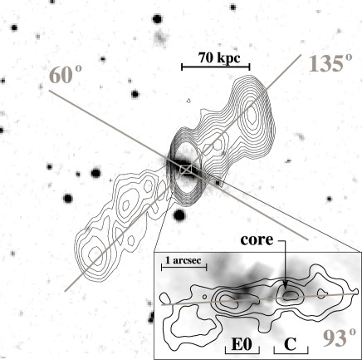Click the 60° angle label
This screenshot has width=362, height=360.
(x=66, y=75)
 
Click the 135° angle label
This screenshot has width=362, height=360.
(x=330, y=63)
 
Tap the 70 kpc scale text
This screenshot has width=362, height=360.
(x=219, y=58)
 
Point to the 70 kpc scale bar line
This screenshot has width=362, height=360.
(x=216, y=67)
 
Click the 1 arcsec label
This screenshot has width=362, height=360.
(x=183, y=260)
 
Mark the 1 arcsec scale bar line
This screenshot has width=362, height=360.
(x=184, y=268)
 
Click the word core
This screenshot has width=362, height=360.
(x=257, y=239)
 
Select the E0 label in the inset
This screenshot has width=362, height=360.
(x=242, y=344)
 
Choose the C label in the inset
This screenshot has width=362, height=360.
(x=290, y=345)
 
